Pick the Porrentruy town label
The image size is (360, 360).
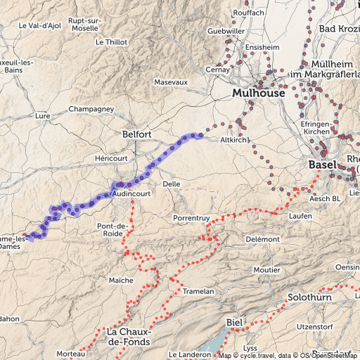click(193, 218)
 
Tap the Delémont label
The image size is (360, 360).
click(262, 239)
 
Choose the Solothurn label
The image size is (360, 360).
click(309, 298)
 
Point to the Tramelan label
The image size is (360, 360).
click(197, 290)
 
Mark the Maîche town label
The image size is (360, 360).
click(120, 280)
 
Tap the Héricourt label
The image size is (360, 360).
click(110, 159)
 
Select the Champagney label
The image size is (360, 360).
click(91, 110)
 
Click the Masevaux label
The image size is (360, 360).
click(171, 82)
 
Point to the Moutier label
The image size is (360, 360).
click(266, 270)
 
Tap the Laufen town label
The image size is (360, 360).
click(300, 216)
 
